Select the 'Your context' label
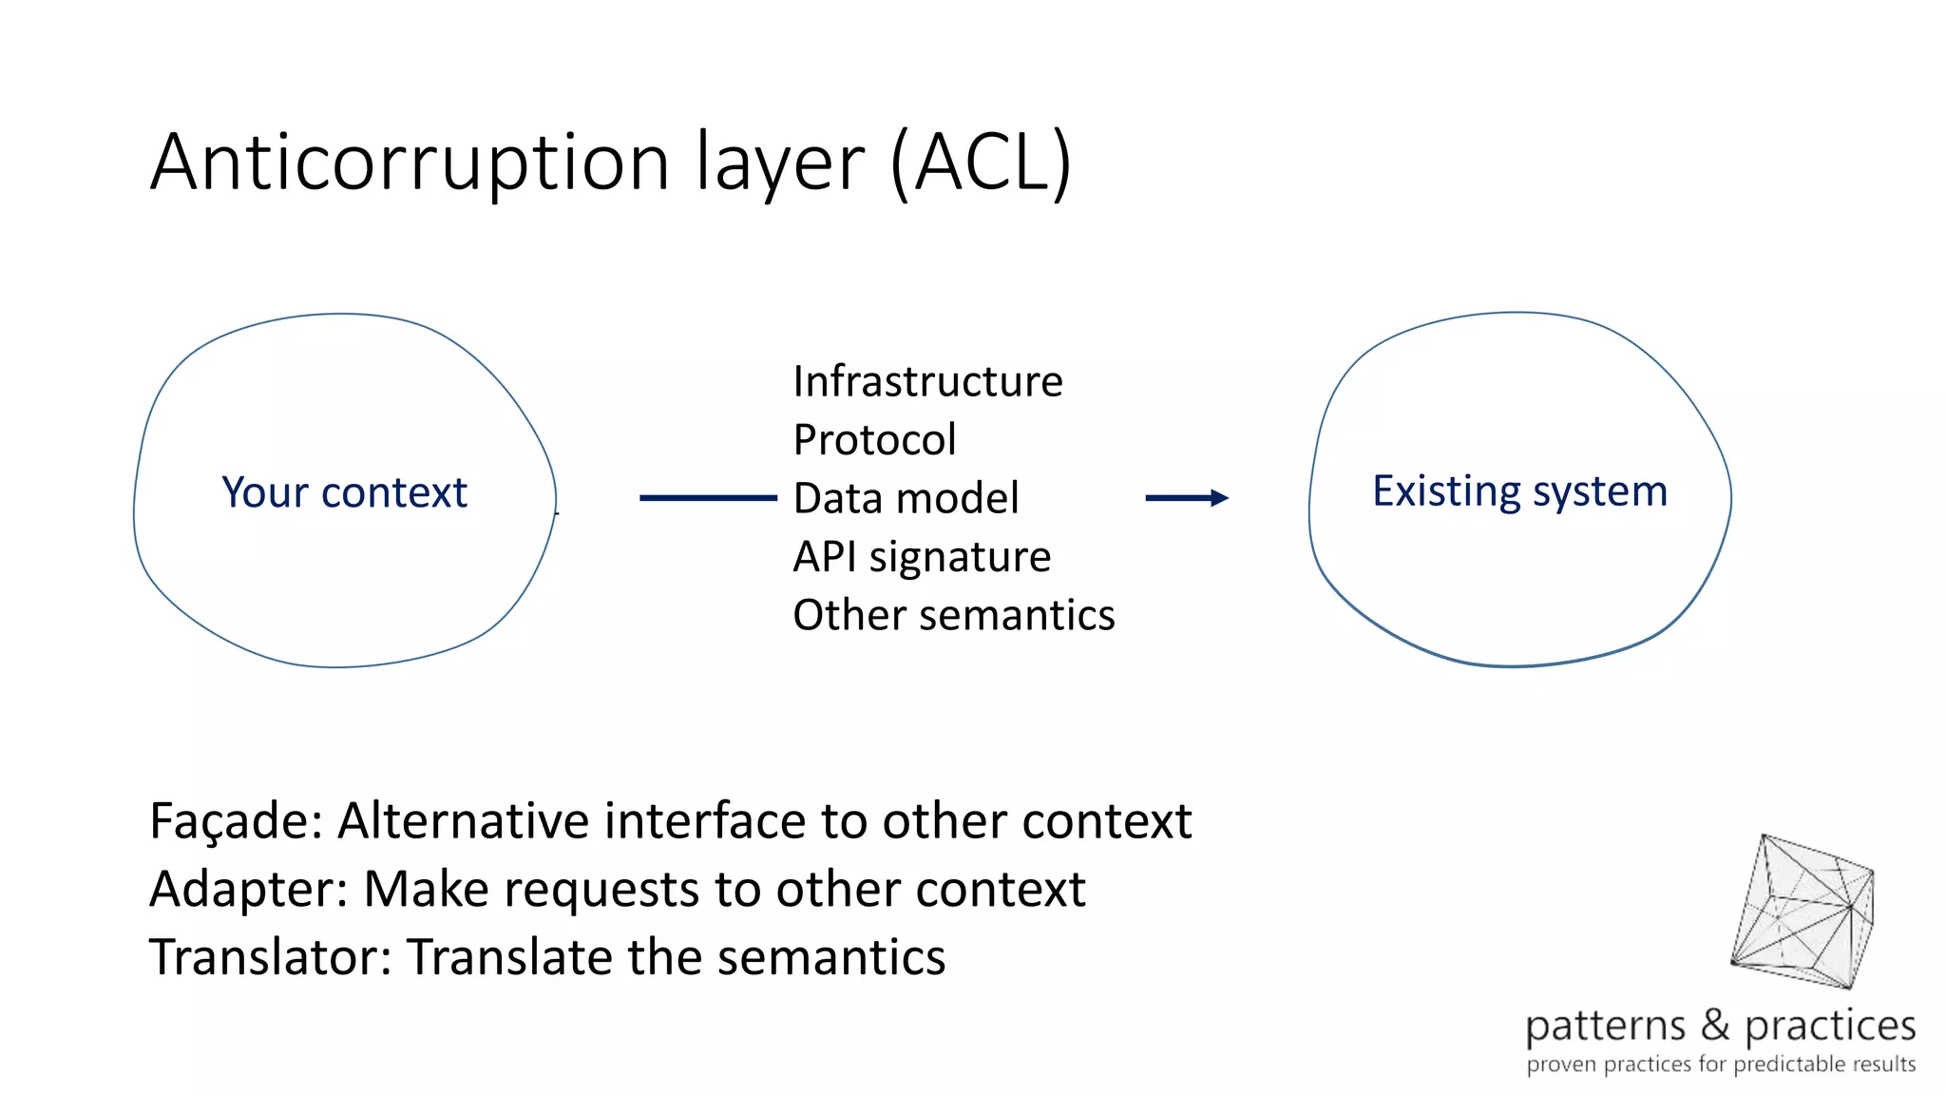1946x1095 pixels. [x=344, y=492]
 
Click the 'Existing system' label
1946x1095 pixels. [x=1519, y=491]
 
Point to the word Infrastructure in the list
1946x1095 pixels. [x=927, y=382]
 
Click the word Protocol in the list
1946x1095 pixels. [x=874, y=440]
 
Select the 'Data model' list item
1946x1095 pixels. [x=906, y=498]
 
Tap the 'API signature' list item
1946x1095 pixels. [x=922, y=557]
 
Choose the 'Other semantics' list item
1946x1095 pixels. [x=953, y=615]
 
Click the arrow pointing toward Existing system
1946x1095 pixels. [x=1187, y=497]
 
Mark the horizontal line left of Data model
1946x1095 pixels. [x=708, y=497]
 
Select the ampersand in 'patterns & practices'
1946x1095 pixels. [x=1715, y=1025]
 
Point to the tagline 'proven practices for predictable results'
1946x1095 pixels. [x=1720, y=1065]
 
